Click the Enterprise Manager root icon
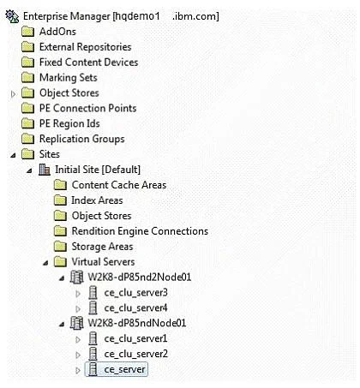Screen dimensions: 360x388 pos(12,16)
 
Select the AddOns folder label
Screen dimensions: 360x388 pos(57,32)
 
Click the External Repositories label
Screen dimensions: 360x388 pos(85,47)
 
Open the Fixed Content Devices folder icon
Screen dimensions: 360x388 pos(27,63)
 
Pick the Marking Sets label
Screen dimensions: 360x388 pos(69,78)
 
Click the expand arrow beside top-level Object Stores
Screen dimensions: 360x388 pos(13,93)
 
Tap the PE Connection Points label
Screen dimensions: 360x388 pos(87,108)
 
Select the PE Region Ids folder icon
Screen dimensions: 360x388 pos(27,123)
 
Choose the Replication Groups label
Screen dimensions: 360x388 pos(82,139)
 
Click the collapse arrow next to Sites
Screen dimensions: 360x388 pos(13,155)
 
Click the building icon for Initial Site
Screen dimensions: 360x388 pos(45,170)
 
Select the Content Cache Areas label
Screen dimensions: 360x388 pos(119,185)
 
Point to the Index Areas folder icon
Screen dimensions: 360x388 pos(60,200)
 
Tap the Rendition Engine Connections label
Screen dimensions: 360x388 pos(140,231)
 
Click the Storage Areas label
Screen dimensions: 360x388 pos(102,247)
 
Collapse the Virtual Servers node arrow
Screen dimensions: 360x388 pos(45,263)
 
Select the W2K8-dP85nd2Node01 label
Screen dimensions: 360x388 pos(140,278)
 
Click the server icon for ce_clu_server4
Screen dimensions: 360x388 pos(93,308)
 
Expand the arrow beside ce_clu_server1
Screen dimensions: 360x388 pos(78,340)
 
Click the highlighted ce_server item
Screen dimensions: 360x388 pos(117,369)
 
